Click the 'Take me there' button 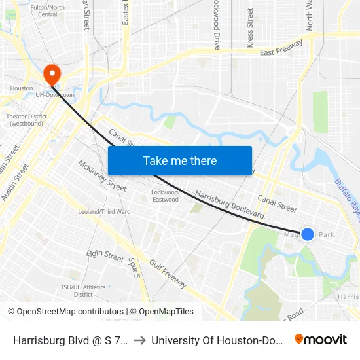180,160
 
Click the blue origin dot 307,234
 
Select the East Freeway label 281,48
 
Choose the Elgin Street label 105,255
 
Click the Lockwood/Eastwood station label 165,196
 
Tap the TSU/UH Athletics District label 83,290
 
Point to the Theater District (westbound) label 25,120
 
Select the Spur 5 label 135,266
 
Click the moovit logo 320,339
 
